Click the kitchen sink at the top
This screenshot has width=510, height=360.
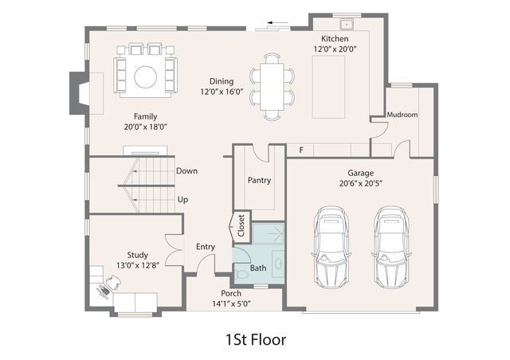[347, 24]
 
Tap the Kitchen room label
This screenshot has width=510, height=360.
[335, 39]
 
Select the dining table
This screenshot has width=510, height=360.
[272, 87]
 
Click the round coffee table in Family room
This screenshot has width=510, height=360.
[145, 77]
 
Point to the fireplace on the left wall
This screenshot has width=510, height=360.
[78, 93]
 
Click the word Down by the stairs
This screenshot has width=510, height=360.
[186, 171]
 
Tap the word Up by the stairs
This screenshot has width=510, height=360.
[182, 200]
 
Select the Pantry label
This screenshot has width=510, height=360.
[259, 181]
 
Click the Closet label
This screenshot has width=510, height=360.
[241, 225]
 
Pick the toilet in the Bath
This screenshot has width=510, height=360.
[241, 275]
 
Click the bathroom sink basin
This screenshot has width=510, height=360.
[279, 264]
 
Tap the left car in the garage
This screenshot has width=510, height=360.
[331, 247]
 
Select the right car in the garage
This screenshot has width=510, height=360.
[391, 247]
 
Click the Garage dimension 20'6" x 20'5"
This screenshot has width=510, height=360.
[360, 184]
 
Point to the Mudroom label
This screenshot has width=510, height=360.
[402, 115]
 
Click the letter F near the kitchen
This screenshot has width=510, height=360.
[301, 151]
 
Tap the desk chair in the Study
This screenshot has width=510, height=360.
[113, 282]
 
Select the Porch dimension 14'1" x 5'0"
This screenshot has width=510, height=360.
[231, 304]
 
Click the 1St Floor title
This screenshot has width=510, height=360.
[256, 339]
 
